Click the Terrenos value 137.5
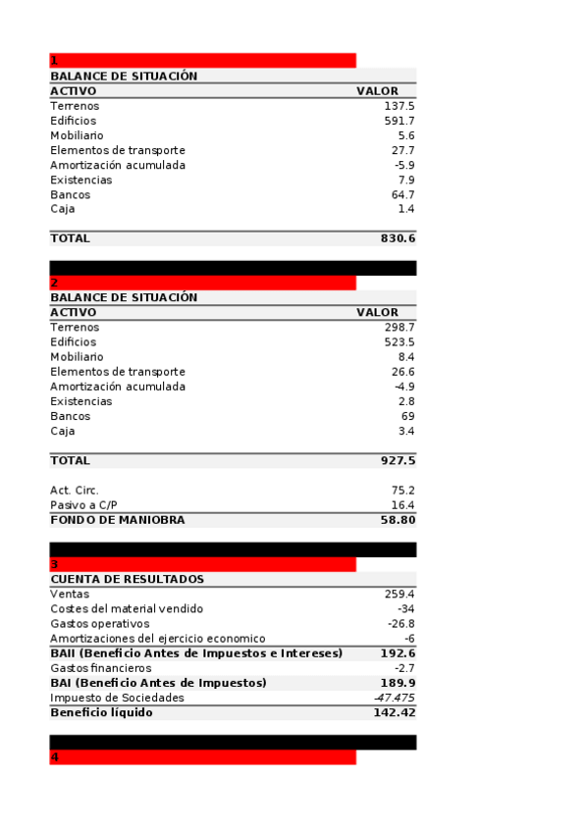pyautogui.click(x=400, y=106)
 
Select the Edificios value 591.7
pyautogui.click(x=400, y=121)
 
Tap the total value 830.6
pyautogui.click(x=398, y=238)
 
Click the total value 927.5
pyautogui.click(x=398, y=460)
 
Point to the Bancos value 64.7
pyautogui.click(x=402, y=195)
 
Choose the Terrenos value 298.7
pyautogui.click(x=400, y=328)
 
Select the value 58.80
pyautogui.click(x=398, y=520)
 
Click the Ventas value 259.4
pyautogui.click(x=400, y=595)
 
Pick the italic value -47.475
pyautogui.click(x=395, y=698)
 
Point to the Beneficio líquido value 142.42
pyautogui.click(x=395, y=713)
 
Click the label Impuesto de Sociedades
pyautogui.click(x=117, y=698)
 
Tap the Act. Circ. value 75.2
pyautogui.click(x=402, y=491)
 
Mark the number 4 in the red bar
pyautogui.click(x=55, y=757)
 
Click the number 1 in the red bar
pyautogui.click(x=54, y=61)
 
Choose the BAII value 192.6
pyautogui.click(x=398, y=653)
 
